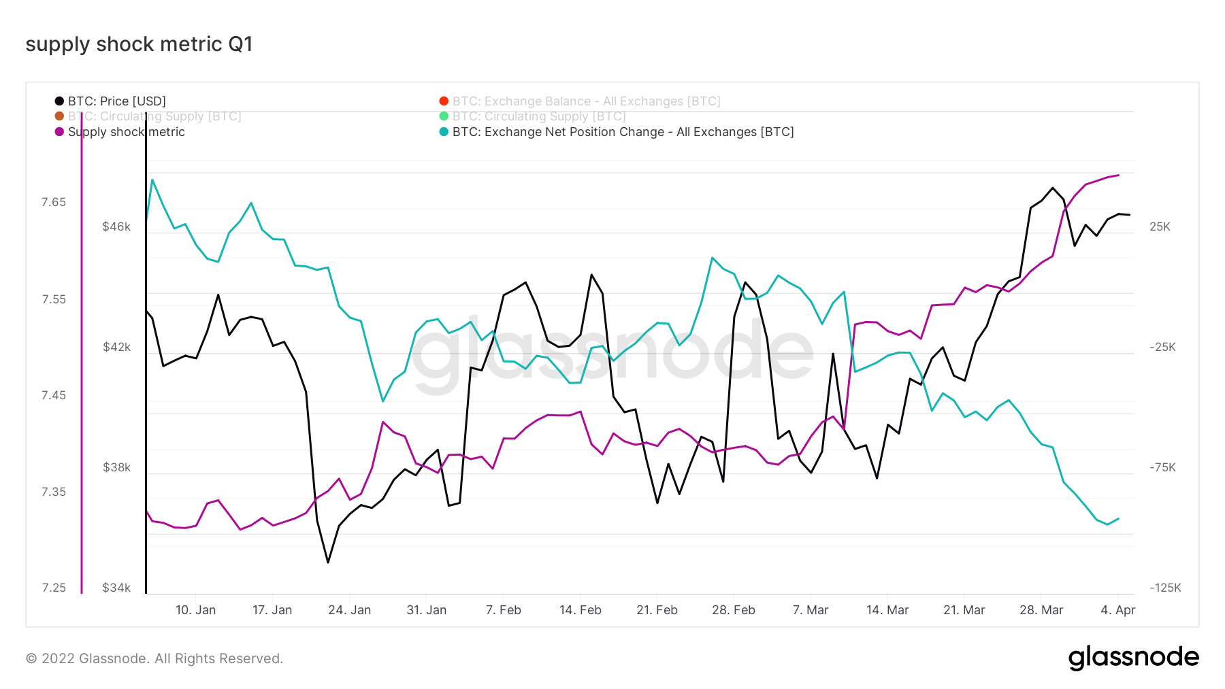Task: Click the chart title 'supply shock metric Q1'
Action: point(139,44)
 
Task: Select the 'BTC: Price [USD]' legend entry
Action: point(116,101)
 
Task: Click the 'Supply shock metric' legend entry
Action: point(126,132)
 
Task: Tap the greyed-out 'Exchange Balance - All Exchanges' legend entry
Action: point(586,101)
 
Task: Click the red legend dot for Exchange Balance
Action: point(444,101)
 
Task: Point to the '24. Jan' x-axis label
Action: point(349,610)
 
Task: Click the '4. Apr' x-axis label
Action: point(1117,610)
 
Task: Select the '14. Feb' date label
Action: point(580,610)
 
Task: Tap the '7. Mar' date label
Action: point(810,610)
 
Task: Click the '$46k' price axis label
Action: point(116,226)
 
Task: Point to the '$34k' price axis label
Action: point(116,588)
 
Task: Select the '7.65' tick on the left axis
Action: point(54,202)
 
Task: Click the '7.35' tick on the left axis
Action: point(54,492)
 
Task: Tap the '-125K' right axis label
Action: point(1165,588)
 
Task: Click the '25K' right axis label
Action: point(1160,226)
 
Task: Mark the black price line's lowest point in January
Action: point(328,562)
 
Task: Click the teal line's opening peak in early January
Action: point(152,180)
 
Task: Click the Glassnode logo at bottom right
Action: point(1133,658)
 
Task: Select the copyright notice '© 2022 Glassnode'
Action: point(154,658)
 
